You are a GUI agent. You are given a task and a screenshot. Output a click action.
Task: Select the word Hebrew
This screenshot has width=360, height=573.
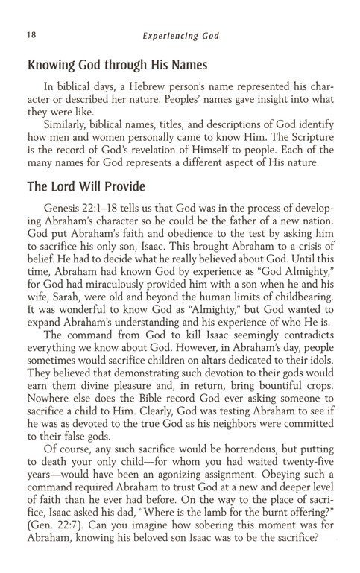pos(149,86)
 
